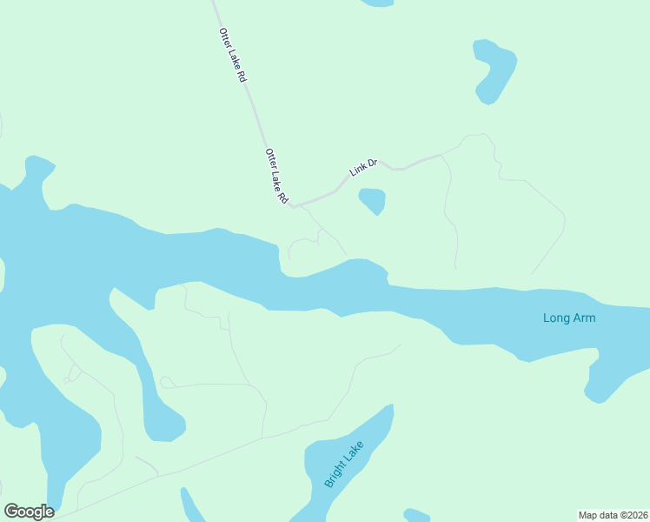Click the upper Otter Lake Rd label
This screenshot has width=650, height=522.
233,56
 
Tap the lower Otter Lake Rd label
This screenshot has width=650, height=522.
276,176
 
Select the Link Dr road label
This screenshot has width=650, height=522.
363,167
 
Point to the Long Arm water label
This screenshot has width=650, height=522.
569,318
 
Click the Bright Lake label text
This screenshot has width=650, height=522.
345,464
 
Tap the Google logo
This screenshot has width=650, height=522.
29,512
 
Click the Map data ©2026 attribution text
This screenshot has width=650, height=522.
612,515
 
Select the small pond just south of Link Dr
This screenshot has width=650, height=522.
373,200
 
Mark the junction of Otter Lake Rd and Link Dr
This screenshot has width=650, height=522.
295,207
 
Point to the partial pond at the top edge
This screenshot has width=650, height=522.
377,3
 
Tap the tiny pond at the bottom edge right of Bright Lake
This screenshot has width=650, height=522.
417,515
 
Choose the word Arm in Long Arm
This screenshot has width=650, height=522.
583,318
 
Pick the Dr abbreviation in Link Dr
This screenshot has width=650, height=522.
371,162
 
